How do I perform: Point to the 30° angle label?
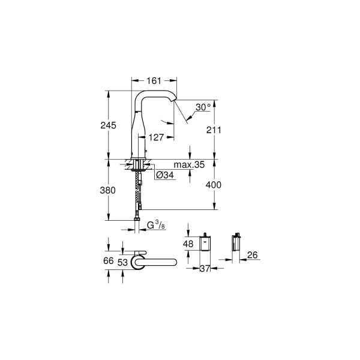203,107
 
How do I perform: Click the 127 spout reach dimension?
157,137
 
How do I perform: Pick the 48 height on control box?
188,244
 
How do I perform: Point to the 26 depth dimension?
253,255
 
